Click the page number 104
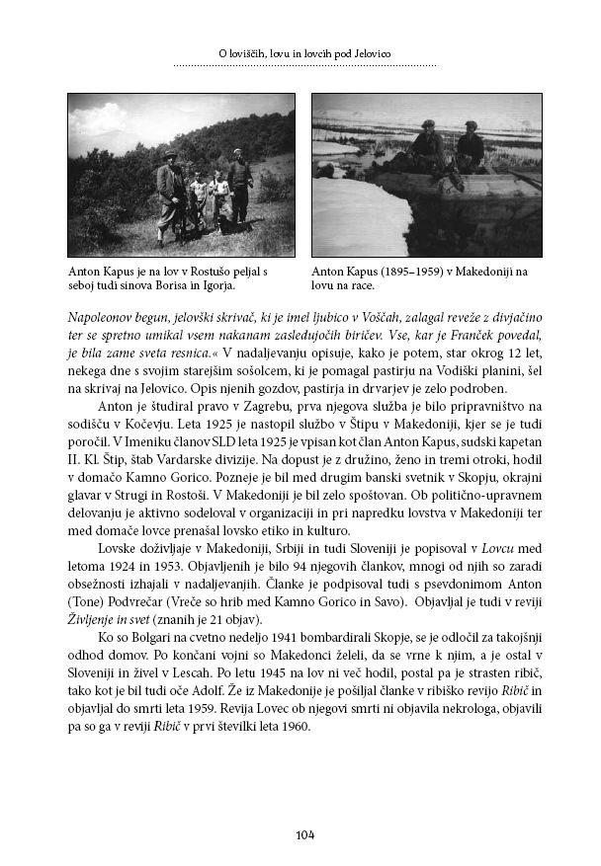(x=304, y=835)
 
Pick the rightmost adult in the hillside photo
(x=238, y=185)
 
